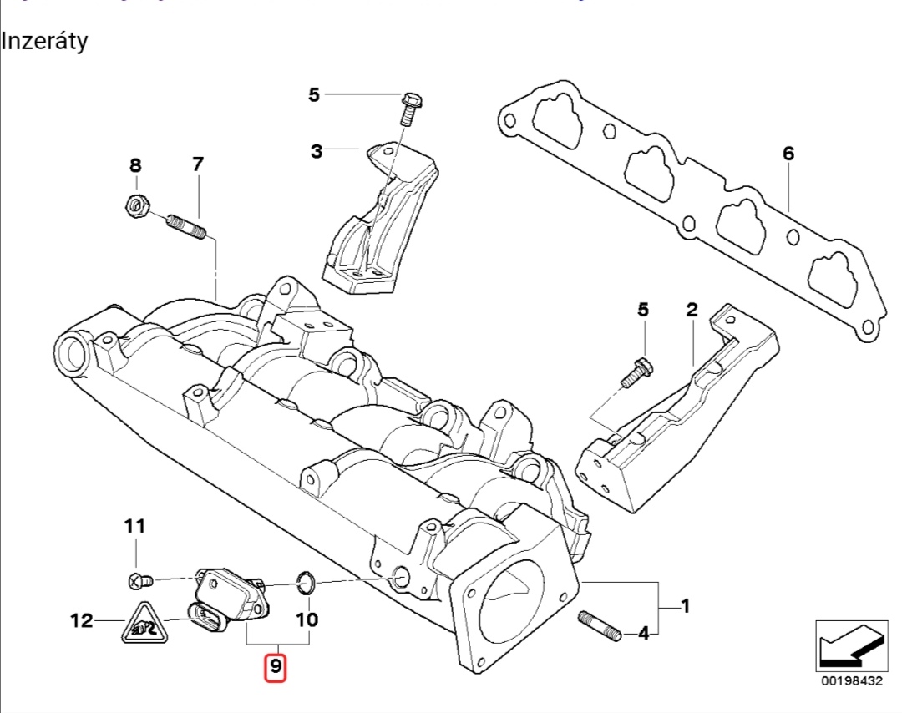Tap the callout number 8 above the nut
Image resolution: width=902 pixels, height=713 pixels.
coord(135,165)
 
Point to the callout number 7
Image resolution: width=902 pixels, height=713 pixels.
coord(197,164)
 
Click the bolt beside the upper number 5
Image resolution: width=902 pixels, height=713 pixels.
coord(409,108)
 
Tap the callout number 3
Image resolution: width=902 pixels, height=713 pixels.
coord(317,151)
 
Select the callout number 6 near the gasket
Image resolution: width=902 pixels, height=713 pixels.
coord(788,154)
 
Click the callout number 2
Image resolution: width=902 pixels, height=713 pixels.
coord(692,311)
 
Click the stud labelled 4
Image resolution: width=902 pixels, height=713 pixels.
coord(598,626)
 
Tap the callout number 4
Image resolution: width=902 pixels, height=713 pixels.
coord(643,635)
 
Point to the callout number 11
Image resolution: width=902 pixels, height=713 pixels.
coord(134,526)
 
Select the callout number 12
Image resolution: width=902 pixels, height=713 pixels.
coord(81,621)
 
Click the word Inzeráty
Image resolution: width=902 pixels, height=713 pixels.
coord(45,41)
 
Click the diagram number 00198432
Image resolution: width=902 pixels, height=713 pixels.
coord(851,681)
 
